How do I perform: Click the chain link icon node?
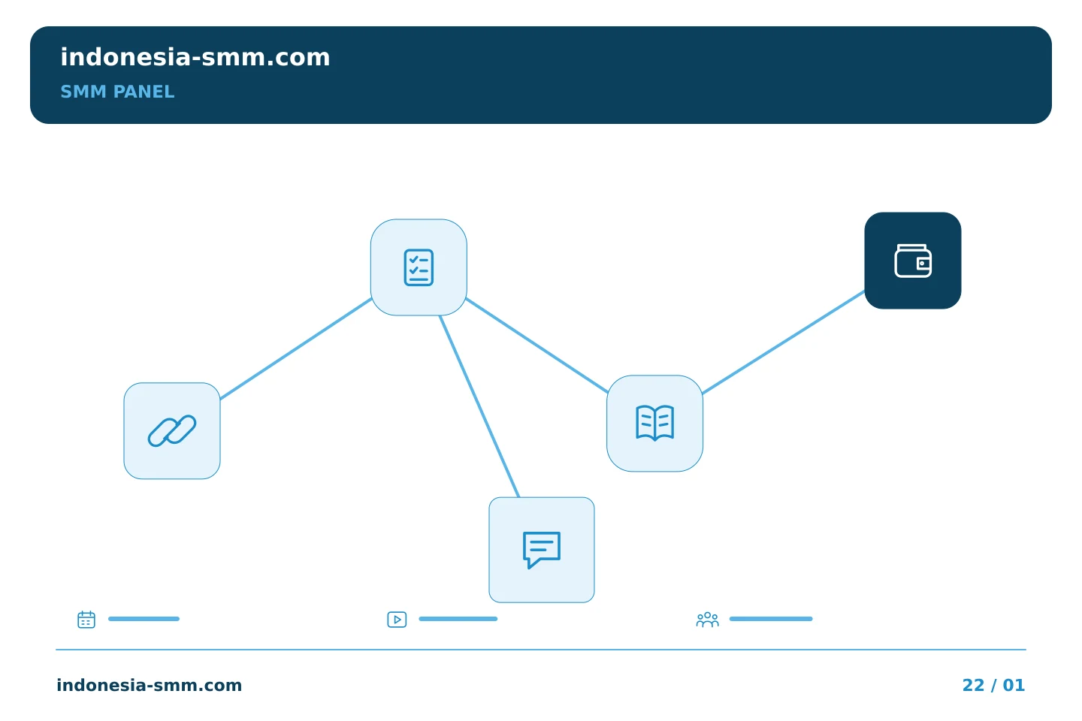172,431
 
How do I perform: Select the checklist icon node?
419,267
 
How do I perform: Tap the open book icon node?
655,424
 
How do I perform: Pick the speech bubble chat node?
542,550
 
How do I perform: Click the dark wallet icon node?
913,261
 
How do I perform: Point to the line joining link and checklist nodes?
296,348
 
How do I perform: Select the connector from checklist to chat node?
479,406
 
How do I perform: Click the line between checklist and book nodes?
536,345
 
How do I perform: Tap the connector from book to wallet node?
784,342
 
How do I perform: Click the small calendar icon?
86,619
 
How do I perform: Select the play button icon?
397,620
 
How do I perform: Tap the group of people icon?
708,620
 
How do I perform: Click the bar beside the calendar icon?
144,619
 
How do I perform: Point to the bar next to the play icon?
458,619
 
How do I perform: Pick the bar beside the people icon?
771,619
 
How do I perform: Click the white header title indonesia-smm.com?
195,57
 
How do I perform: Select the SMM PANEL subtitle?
117,92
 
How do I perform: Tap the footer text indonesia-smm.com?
150,685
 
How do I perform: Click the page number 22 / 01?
993,685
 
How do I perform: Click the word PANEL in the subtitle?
144,92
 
